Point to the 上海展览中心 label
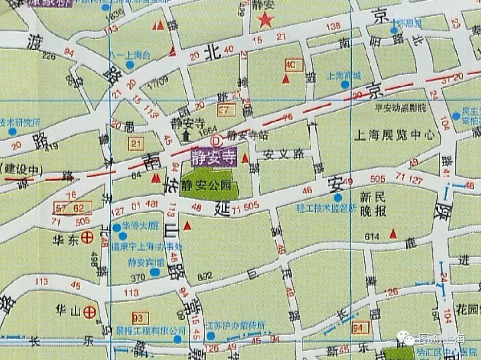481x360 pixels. pyautogui.click(x=394, y=135)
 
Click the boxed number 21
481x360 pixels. pyautogui.click(x=135, y=143)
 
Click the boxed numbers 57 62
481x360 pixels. pyautogui.click(x=73, y=207)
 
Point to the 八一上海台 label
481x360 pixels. pyautogui.click(x=130, y=56)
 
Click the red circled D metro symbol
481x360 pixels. pyautogui.click(x=217, y=140)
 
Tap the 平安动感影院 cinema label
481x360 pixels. pyautogui.click(x=400, y=108)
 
